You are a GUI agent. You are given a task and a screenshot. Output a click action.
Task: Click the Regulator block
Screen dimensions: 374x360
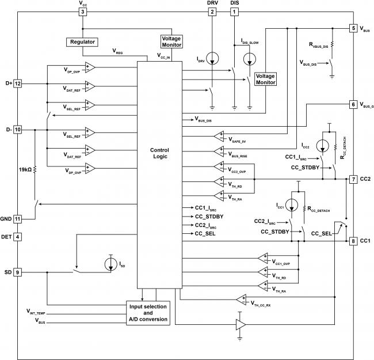coord(82,42)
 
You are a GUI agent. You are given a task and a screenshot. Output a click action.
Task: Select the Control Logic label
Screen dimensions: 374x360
coord(159,153)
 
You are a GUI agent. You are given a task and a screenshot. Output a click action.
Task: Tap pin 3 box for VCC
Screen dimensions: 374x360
coord(83,12)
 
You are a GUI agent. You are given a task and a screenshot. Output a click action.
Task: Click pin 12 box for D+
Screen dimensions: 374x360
coord(17,84)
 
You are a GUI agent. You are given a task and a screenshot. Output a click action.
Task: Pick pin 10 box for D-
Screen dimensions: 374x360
coord(17,130)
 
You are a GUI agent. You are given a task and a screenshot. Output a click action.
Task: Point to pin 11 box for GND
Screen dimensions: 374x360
coord(17,219)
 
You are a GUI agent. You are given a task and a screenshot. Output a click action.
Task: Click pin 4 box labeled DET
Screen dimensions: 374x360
coord(17,237)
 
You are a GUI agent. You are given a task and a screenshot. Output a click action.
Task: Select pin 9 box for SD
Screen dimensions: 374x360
coord(17,272)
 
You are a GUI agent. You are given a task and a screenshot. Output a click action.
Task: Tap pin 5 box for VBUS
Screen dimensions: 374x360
coord(353,28)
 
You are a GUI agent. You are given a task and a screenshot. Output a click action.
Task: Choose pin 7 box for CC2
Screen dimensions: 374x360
coord(353,179)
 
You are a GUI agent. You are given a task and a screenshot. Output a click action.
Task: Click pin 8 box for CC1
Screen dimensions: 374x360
coord(353,241)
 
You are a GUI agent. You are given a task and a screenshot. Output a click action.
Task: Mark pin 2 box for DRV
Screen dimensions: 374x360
coord(212,12)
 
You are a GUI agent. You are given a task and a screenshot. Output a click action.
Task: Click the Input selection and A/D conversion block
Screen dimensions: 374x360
coord(148,313)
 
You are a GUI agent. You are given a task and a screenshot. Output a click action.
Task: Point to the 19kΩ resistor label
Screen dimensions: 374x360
coord(25,170)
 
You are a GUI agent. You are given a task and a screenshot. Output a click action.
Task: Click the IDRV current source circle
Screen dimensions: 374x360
coord(212,59)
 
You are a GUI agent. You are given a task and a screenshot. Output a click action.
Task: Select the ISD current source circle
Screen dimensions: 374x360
coord(111,264)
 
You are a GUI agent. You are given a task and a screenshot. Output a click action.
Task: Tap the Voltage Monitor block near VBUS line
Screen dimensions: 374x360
coord(265,79)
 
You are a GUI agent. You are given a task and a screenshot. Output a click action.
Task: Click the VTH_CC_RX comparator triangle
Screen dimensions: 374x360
coord(241,300)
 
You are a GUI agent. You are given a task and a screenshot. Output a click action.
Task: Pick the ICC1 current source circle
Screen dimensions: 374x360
coord(292,205)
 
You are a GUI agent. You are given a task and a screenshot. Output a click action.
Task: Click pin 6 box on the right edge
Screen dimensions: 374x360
coord(353,104)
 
